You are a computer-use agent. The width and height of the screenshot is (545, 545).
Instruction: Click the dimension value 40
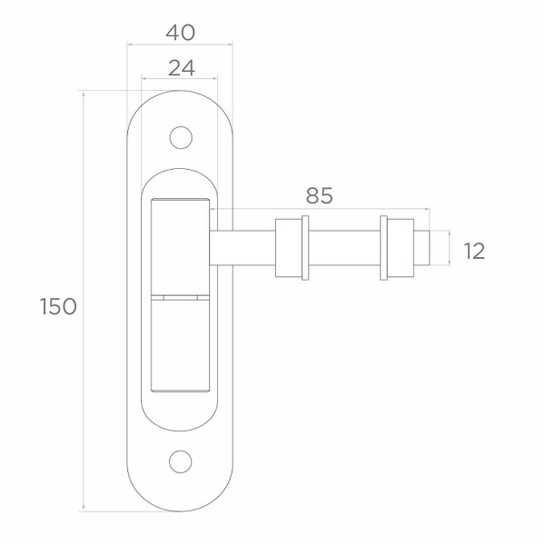[180, 33]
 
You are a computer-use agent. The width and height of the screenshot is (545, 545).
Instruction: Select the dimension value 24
[181, 68]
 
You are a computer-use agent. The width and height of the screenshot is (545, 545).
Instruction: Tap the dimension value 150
[58, 307]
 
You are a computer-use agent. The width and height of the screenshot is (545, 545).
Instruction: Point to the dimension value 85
[319, 195]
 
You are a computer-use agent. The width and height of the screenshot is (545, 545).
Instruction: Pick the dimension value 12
[474, 251]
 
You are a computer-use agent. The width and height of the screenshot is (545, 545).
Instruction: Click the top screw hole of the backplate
[181, 137]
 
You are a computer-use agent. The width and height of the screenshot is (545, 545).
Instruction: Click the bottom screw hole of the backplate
[181, 461]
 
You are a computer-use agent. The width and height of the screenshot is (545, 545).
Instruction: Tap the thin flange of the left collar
[305, 248]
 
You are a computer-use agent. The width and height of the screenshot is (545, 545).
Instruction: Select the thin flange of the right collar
[383, 248]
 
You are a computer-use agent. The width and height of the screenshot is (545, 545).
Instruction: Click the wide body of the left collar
[289, 248]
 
